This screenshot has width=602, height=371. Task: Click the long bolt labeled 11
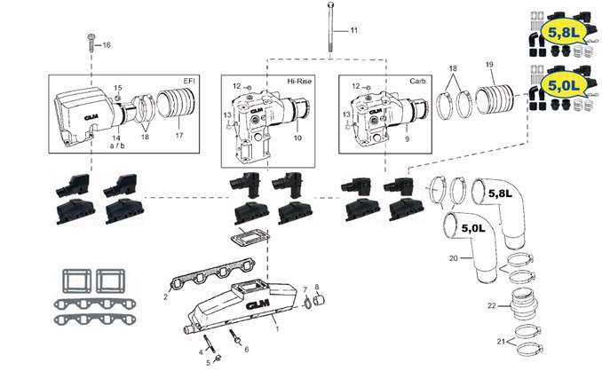click(x=330, y=27)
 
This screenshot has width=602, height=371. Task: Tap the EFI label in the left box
click(x=189, y=81)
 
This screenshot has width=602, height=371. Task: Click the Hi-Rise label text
click(x=299, y=81)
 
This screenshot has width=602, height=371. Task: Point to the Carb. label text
click(x=418, y=81)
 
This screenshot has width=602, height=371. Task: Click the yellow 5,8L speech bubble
click(x=563, y=32)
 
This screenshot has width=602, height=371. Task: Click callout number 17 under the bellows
click(x=179, y=135)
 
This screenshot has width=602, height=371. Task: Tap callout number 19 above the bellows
click(x=489, y=65)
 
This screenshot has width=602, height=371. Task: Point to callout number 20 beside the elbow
click(x=454, y=258)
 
